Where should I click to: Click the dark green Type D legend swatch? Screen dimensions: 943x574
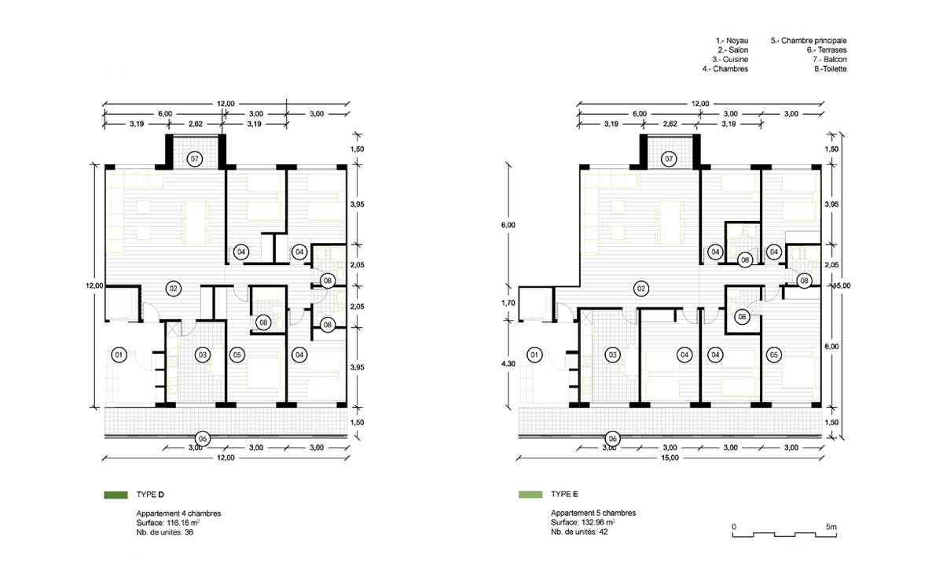(116, 495)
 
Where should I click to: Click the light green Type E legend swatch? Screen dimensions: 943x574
(530, 495)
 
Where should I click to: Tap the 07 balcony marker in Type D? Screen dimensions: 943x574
(195, 159)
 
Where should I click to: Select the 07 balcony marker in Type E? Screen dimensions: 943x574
(669, 159)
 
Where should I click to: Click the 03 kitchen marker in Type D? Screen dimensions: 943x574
(203, 355)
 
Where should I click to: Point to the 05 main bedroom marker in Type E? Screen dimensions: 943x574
(774, 355)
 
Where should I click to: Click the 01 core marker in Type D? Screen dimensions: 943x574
(119, 355)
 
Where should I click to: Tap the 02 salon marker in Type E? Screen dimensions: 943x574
(641, 289)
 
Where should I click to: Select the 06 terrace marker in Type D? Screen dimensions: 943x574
(203, 439)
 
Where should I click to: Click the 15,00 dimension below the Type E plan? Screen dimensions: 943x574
(670, 458)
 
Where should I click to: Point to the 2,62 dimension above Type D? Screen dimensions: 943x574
(196, 123)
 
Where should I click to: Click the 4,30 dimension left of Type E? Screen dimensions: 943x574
(508, 364)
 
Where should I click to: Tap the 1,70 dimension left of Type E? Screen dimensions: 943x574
(508, 303)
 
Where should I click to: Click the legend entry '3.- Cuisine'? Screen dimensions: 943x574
(730, 60)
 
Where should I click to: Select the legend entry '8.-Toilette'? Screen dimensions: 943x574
(830, 69)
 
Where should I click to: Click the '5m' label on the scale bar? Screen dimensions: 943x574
(831, 527)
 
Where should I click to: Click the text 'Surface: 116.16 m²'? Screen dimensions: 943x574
(167, 523)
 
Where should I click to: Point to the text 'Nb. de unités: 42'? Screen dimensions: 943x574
(579, 532)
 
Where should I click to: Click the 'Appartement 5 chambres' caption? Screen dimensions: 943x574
(593, 513)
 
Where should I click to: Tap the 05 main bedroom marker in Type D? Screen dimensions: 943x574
(237, 355)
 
